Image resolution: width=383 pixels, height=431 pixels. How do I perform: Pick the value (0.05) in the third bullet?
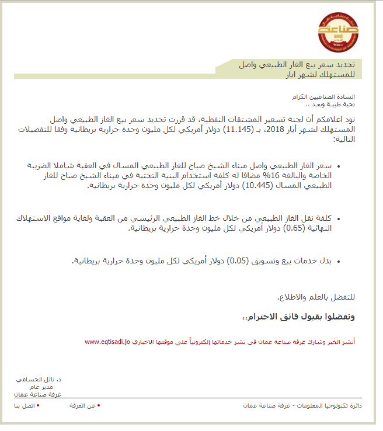click(x=238, y=260)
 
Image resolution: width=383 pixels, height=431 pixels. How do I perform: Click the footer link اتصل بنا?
click(x=24, y=405)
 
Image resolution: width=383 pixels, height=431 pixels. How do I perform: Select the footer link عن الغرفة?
click(x=83, y=405)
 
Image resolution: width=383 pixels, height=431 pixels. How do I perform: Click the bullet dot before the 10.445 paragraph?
click(x=339, y=166)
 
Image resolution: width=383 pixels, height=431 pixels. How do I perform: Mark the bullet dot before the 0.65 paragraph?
click(x=339, y=218)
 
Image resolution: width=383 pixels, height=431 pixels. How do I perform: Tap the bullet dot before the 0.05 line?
click(x=339, y=261)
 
